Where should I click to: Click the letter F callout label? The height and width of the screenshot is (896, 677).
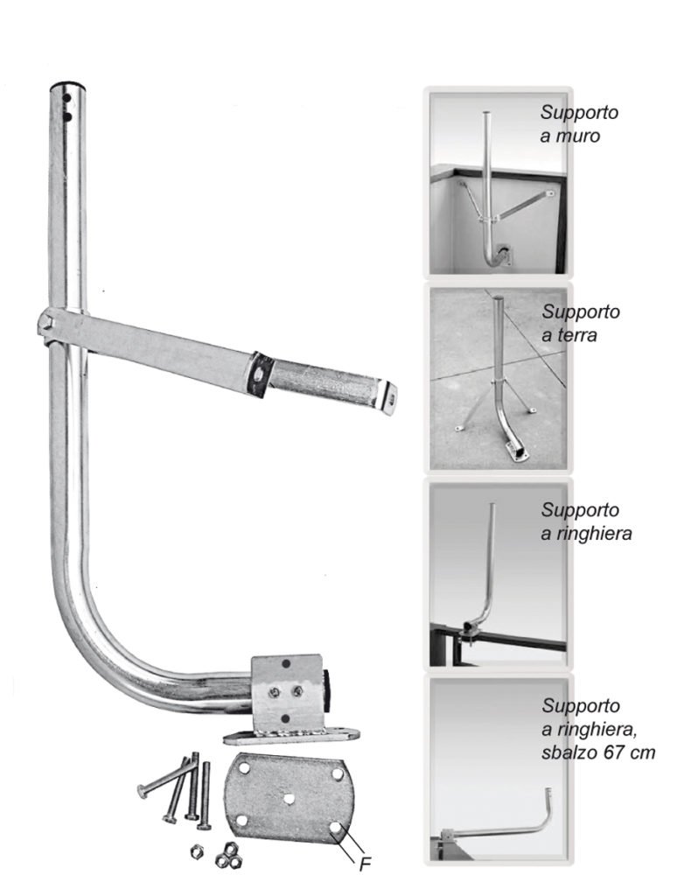365,864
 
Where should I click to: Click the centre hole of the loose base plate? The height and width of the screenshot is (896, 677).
290,798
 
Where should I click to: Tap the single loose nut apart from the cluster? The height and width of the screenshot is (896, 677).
197,850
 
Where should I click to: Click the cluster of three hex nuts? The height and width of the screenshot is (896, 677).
227,856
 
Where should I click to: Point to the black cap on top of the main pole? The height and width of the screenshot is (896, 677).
68,87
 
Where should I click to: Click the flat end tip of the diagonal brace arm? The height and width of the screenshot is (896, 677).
389,398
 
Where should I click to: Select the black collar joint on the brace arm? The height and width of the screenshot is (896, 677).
260,374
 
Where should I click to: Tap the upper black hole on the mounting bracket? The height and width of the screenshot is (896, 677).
286,663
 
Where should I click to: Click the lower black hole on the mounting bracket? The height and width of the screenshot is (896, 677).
286,717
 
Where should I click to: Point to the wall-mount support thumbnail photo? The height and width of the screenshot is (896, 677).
497,183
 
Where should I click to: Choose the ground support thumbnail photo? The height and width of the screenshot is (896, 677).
497,379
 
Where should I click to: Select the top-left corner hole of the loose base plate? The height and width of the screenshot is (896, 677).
244,768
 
